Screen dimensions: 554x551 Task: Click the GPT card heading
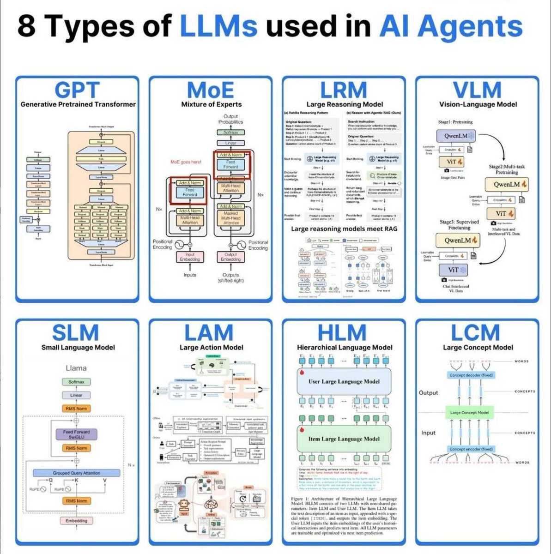tap(77, 90)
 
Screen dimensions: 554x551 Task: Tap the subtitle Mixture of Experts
tap(210, 105)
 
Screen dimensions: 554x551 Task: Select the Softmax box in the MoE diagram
tap(230, 132)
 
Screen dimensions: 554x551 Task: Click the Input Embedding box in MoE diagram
tap(190, 257)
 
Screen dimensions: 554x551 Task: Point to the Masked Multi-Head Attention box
tap(230, 218)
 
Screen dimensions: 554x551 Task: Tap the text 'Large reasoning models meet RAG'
tap(344, 229)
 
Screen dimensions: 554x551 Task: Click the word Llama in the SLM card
tap(77, 368)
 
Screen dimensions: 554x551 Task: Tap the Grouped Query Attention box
tap(77, 473)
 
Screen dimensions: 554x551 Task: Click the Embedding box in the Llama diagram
tap(77, 521)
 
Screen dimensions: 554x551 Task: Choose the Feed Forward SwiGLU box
tap(77, 434)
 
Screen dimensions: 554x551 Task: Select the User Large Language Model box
tap(344, 381)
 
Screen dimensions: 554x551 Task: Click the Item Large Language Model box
tap(344, 439)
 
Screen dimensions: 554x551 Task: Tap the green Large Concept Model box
tap(470, 412)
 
